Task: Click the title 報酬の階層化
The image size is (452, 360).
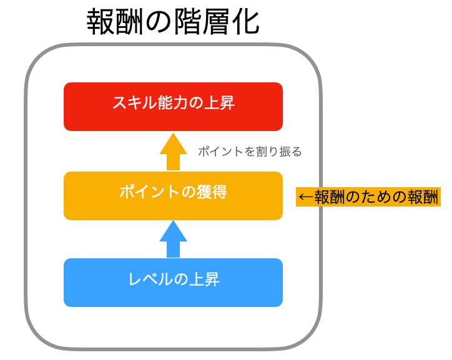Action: pos(173,22)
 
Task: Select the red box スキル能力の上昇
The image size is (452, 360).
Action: pos(173,107)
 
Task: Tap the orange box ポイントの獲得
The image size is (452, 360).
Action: pos(173,196)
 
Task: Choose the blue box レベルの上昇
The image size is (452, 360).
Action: pos(173,283)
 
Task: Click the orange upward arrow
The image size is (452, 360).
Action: pos(174,152)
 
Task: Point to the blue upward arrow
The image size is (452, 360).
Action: pos(174,239)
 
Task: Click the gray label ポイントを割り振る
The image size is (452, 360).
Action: pos(250,152)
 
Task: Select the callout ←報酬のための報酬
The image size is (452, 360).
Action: pos(368,197)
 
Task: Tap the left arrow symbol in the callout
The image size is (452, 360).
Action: pos(306,197)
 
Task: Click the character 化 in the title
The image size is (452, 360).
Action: pos(245,22)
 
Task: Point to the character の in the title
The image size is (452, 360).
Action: pos(159,22)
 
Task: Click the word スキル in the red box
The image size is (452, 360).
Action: pos(135,103)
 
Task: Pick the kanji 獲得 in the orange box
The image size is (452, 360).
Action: pos(212,192)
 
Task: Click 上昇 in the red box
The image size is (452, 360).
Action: pos(219,103)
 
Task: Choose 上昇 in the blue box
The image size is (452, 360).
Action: pos(204,279)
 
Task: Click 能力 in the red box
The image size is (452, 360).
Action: pos(173,103)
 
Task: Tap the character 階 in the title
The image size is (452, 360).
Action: pos(188,22)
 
